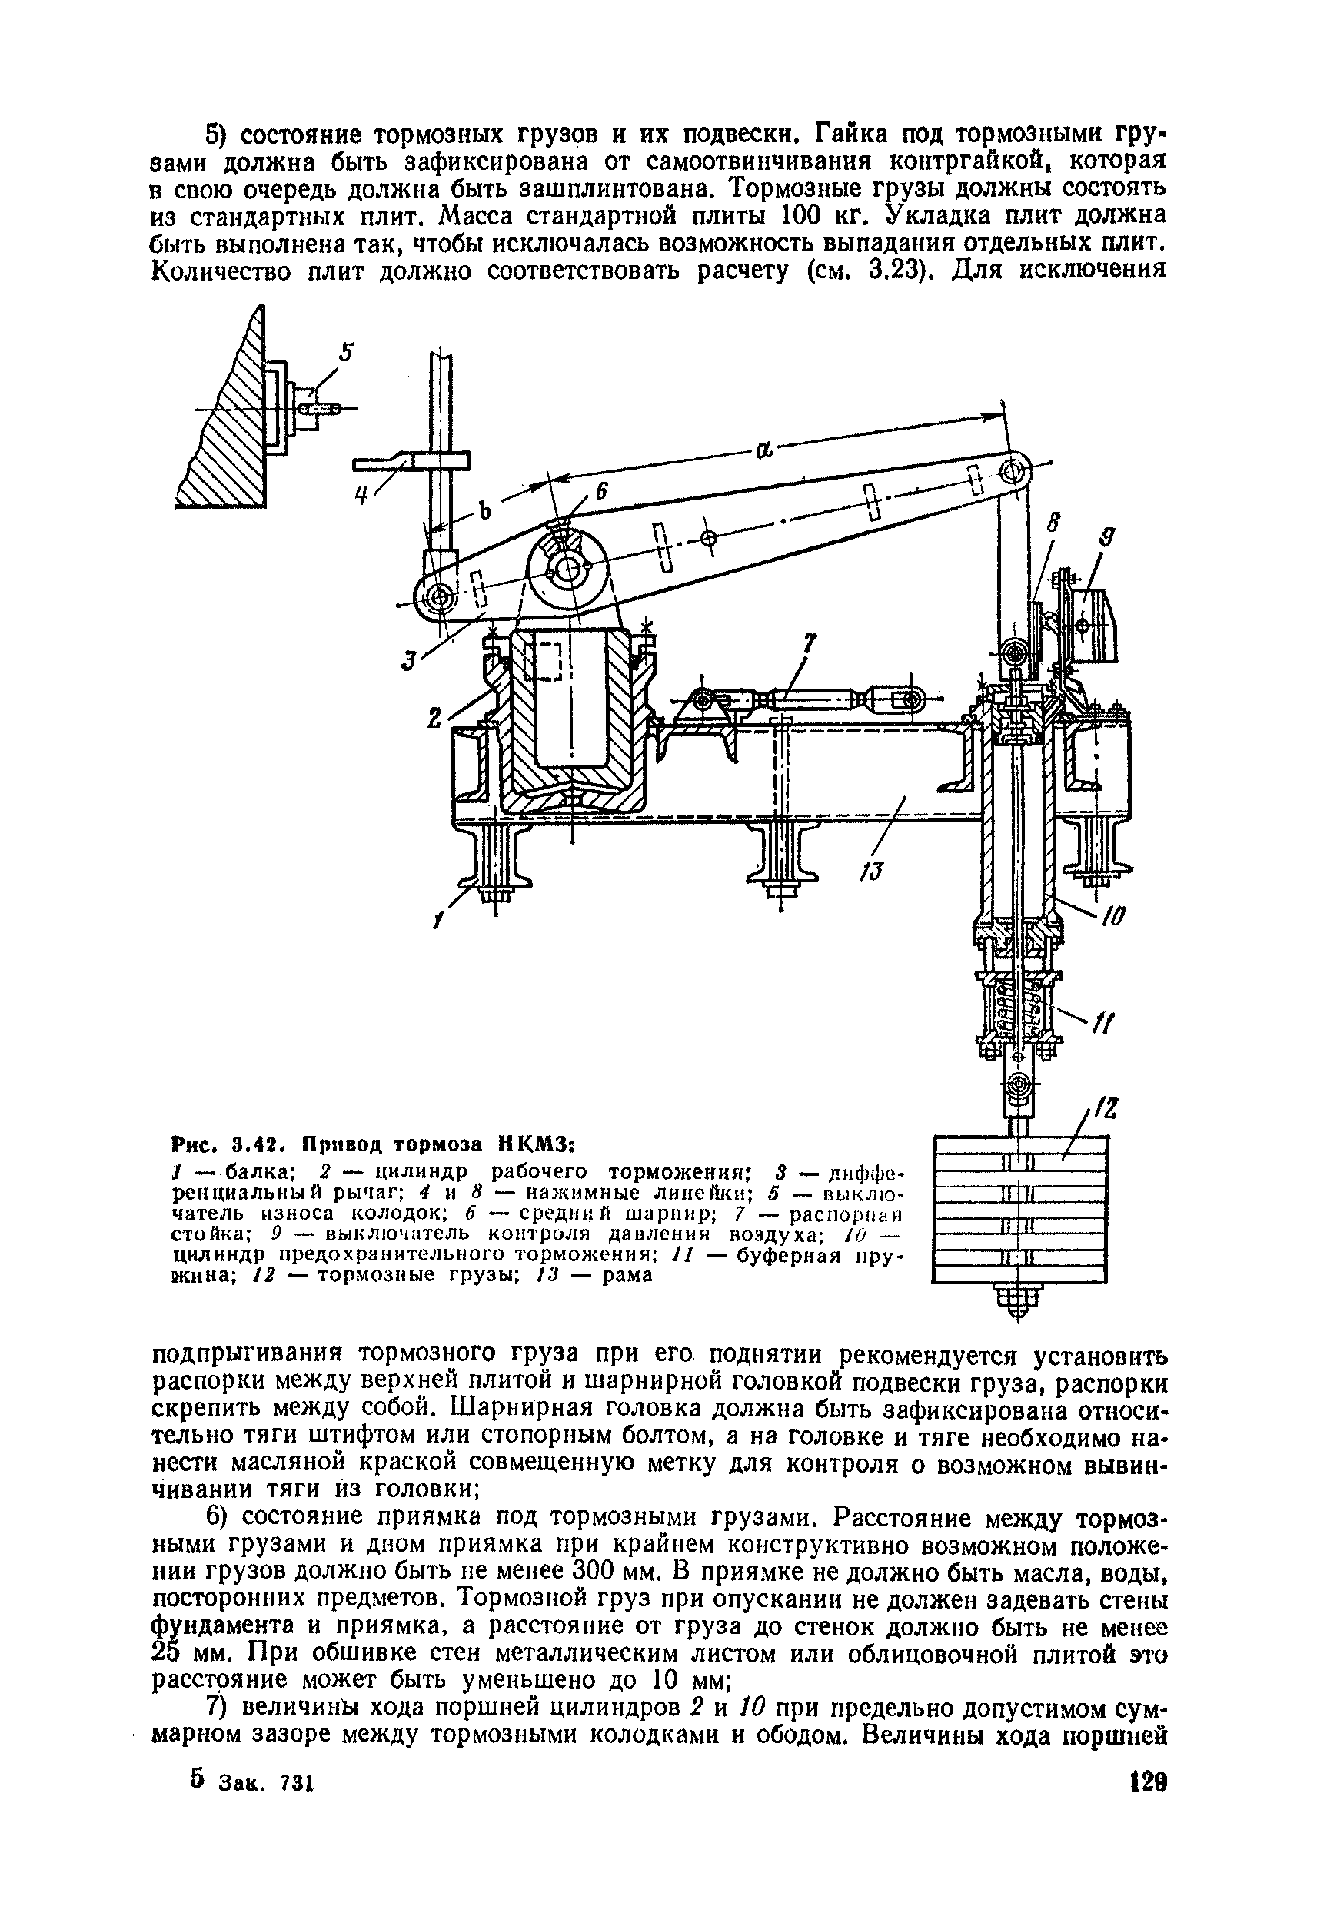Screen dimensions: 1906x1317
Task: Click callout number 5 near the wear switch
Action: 347,353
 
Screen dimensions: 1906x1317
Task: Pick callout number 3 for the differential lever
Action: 407,660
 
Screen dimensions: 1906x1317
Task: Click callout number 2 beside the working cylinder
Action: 435,719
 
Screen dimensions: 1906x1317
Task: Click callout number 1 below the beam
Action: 437,921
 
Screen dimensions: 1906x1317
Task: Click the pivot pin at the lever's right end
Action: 1011,473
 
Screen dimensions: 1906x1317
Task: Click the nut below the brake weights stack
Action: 1019,1297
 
